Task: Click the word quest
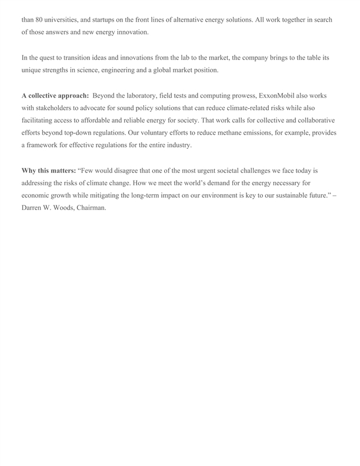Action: (49, 58)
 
